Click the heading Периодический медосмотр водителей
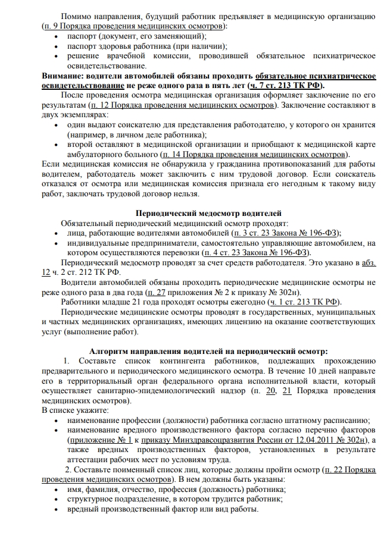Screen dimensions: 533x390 [x=209, y=213]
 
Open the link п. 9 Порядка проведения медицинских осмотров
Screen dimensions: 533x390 [x=134, y=27]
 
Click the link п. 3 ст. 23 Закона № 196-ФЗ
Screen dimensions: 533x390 [x=279, y=233]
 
